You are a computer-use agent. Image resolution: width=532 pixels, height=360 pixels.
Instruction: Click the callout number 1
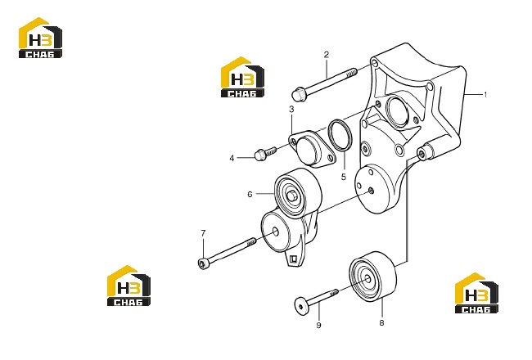click(x=485, y=95)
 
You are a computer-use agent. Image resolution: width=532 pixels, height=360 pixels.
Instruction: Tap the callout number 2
click(x=327, y=54)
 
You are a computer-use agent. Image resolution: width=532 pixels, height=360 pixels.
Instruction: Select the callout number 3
click(x=291, y=110)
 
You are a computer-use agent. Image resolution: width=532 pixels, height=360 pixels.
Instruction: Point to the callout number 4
click(x=232, y=158)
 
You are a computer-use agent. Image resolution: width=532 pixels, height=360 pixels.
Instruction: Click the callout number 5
click(x=344, y=177)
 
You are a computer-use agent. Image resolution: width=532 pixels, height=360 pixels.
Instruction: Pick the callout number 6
click(x=250, y=194)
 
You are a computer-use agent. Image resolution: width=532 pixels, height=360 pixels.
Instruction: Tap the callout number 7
click(x=203, y=233)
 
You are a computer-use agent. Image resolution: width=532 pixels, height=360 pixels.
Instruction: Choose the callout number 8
click(x=381, y=322)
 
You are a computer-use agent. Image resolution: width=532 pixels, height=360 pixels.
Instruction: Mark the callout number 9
click(x=318, y=325)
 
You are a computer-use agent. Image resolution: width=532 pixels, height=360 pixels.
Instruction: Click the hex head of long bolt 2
click(x=299, y=94)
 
